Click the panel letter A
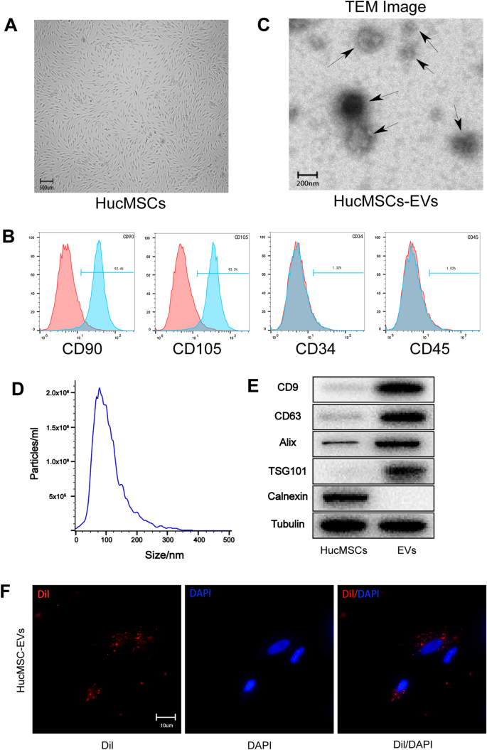coord(11,26)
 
